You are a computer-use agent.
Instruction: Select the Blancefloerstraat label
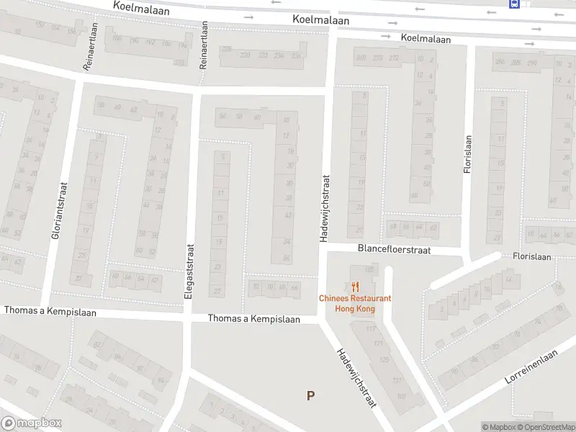tap(394, 249)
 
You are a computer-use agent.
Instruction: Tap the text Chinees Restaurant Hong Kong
tap(355, 303)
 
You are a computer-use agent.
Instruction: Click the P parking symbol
tap(310, 395)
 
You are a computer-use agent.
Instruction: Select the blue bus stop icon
tap(514, 4)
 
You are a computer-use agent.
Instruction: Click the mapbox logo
tap(32, 423)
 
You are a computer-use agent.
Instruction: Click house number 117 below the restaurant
tap(372, 330)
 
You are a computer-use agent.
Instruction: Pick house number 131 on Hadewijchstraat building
tap(395, 381)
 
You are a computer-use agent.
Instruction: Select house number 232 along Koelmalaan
tap(263, 55)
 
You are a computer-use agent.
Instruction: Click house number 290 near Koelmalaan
tap(532, 63)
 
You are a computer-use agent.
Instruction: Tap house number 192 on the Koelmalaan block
tap(150, 42)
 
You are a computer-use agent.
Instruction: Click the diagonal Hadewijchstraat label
tap(357, 379)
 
